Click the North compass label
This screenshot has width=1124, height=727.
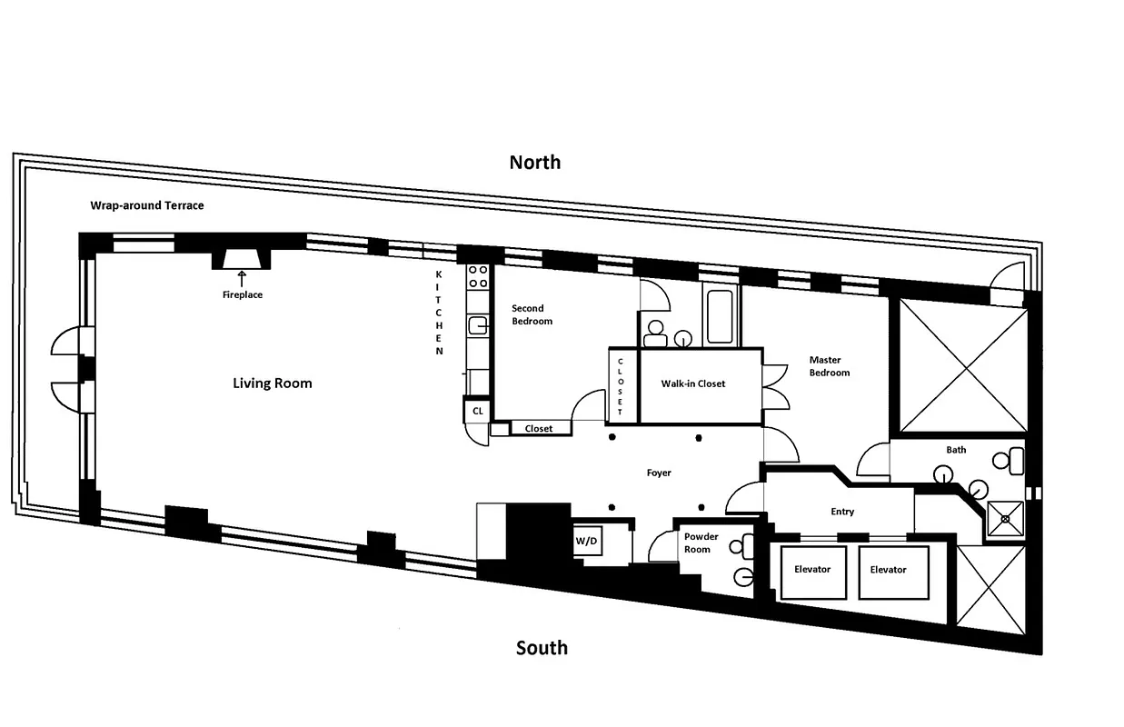534,163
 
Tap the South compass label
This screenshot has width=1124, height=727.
542,648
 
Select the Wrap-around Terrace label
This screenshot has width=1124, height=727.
146,205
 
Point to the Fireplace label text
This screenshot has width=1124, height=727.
242,294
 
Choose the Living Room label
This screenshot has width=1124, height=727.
272,383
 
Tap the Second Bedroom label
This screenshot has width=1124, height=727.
532,314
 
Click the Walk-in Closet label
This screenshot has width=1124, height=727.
692,383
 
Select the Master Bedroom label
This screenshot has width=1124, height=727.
830,366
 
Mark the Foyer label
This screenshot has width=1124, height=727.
659,473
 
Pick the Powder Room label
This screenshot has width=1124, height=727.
701,543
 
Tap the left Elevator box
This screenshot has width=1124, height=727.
812,571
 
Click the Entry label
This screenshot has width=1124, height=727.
842,512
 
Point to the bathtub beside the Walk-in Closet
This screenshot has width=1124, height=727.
720,317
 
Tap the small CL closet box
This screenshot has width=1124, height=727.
477,412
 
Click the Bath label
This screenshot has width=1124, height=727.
956,450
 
